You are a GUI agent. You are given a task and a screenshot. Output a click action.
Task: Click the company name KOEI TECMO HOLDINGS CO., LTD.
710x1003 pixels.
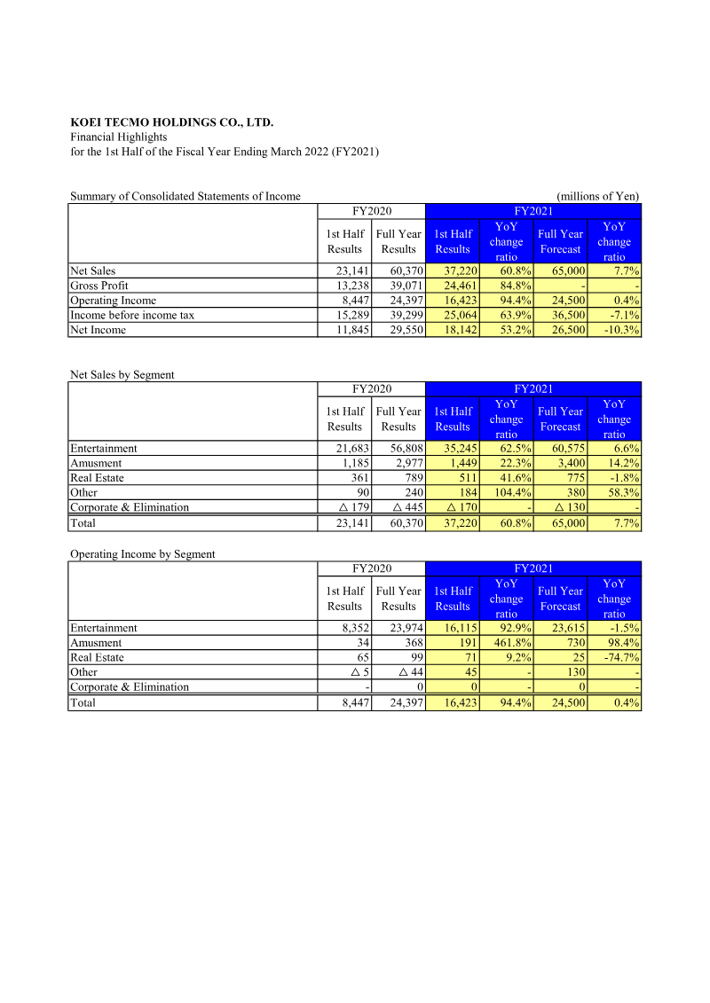171,122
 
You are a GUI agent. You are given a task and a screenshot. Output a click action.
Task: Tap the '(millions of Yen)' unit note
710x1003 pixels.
597,196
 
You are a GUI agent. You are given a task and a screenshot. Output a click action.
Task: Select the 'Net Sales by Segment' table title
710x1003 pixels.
122,374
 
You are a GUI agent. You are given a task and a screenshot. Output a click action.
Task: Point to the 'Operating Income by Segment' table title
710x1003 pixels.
142,553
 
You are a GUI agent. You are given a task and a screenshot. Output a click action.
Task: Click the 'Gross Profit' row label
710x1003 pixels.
99,286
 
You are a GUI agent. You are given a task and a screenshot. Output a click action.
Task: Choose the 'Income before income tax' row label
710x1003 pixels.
132,315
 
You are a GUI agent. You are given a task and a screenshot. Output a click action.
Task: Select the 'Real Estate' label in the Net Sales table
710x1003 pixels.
97,477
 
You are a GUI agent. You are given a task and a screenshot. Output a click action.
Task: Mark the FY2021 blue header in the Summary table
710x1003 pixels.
532,211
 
